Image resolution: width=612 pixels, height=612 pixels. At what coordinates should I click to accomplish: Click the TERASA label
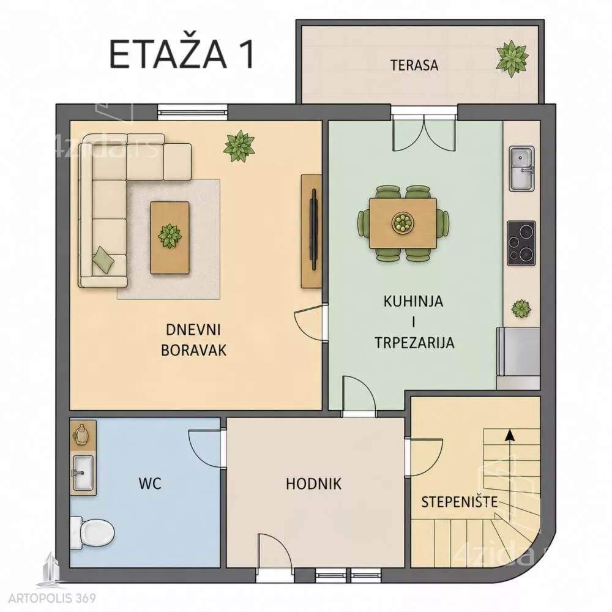[x=414, y=65]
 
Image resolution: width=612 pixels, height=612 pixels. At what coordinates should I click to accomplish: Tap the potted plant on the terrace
[x=512, y=59]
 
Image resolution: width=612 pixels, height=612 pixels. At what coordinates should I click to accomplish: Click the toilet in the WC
[x=92, y=532]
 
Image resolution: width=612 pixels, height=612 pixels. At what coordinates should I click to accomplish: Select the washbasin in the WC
[x=83, y=473]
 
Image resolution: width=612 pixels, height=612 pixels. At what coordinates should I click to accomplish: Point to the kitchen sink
[x=521, y=169]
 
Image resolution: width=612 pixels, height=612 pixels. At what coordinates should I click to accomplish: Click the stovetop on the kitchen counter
[x=521, y=243]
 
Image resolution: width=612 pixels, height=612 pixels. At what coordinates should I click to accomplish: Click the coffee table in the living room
[x=170, y=237]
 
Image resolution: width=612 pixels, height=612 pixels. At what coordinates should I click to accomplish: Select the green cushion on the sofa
[x=103, y=259]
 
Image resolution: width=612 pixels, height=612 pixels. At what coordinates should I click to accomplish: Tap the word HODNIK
[x=313, y=484]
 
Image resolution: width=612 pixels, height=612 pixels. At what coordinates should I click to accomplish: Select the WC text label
[x=150, y=484]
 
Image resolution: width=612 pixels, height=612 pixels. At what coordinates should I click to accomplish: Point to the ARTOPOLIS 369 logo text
[x=52, y=598]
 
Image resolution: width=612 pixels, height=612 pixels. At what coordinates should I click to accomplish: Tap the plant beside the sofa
[x=239, y=146]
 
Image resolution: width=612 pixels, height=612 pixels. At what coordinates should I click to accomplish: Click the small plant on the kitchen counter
[x=521, y=308]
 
